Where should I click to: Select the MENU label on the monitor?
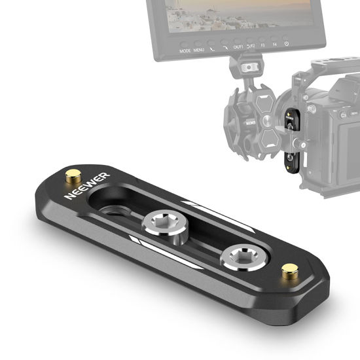click(199, 50)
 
